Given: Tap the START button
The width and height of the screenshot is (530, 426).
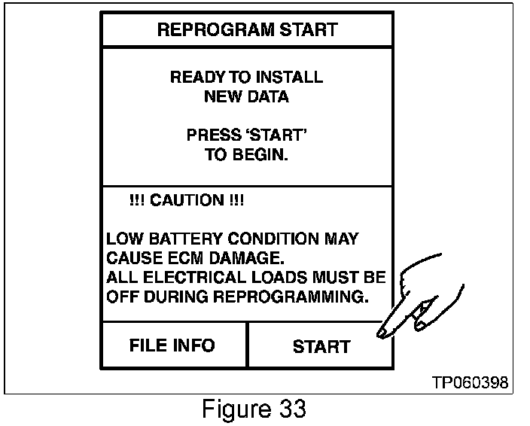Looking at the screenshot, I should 321,346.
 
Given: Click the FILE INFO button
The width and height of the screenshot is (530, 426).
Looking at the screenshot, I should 172,345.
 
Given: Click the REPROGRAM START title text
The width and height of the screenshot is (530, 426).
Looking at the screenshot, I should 247,30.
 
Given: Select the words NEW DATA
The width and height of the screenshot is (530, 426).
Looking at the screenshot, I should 246,96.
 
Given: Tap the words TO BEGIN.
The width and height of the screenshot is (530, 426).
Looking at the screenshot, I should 247,155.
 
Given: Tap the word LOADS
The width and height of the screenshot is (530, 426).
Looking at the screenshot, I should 276,278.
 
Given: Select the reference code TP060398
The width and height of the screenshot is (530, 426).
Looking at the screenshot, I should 470,384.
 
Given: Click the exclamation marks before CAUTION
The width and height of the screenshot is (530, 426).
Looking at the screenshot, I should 138,201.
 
